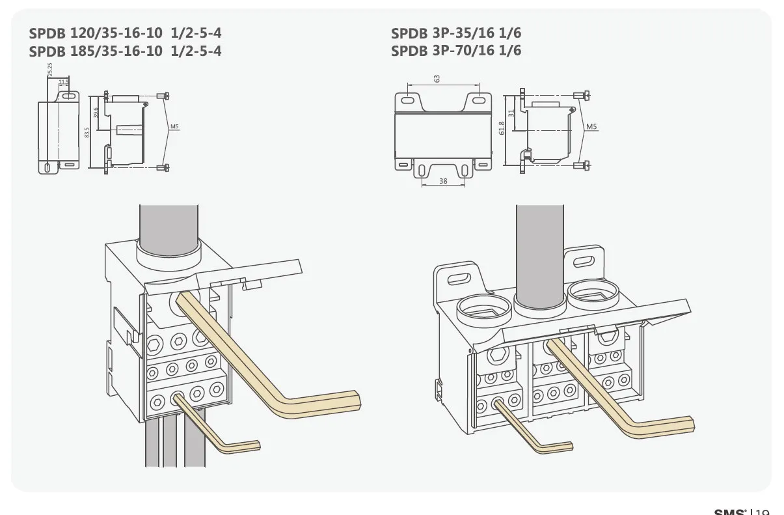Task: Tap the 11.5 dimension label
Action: point(63,83)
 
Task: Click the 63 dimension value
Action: point(437,78)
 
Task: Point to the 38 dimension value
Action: point(443,182)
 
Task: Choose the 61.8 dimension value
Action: point(502,128)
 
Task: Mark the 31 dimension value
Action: point(511,113)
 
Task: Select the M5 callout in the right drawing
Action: point(591,127)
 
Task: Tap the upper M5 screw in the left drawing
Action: point(166,96)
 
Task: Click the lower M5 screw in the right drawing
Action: point(582,167)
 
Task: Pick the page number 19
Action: point(763,511)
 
